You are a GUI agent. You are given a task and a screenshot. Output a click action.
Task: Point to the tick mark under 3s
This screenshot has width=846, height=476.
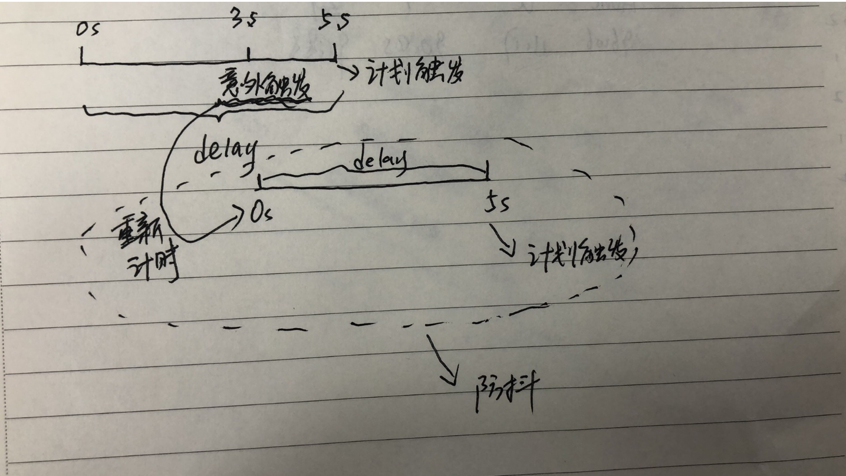click(248, 55)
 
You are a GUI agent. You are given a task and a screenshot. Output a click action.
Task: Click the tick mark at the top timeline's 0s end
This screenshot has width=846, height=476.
click(81, 56)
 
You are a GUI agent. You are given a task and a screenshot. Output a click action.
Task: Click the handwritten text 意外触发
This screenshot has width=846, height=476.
click(264, 86)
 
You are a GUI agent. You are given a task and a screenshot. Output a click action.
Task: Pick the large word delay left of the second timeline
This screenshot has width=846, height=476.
click(225, 148)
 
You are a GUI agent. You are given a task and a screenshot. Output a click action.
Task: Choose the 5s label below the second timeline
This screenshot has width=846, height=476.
click(496, 205)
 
